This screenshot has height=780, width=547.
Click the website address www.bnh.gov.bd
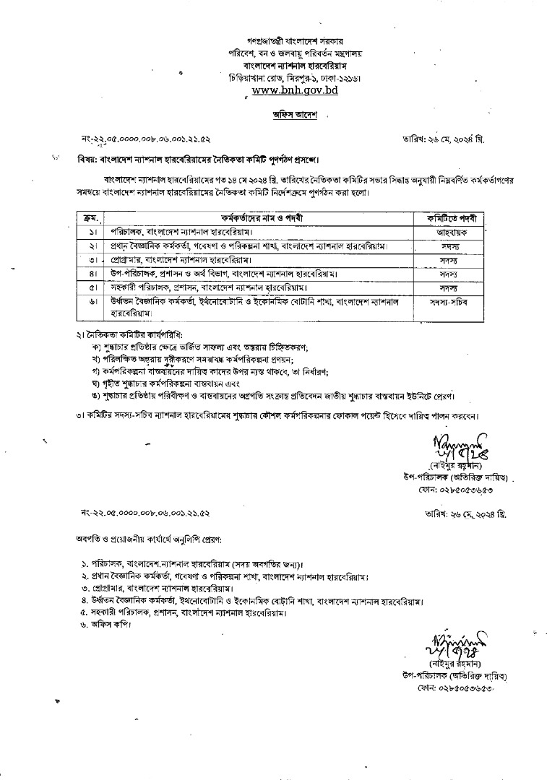pos(294,92)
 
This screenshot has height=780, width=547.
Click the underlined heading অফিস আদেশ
pos(294,114)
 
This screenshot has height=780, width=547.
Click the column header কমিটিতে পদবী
pos(448,217)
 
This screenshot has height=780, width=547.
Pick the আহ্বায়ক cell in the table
pos(448,233)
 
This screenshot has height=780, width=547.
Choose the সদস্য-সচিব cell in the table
pos(448,303)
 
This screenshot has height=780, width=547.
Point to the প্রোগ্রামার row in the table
pos(189,259)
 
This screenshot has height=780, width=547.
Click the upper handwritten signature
pos(461,446)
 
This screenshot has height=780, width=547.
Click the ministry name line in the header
pos(294,53)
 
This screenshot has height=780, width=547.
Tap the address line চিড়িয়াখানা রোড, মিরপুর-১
pos(294,77)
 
